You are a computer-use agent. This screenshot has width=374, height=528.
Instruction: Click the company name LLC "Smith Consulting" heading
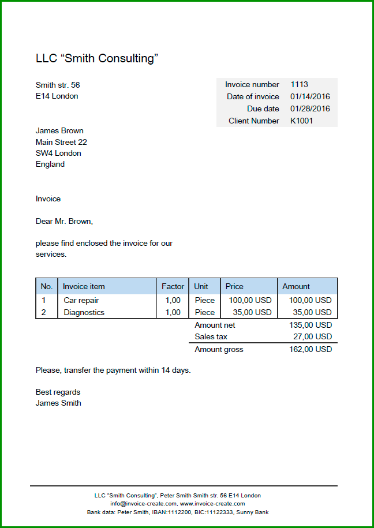click(97, 58)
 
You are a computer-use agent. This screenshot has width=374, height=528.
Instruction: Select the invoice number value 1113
click(299, 85)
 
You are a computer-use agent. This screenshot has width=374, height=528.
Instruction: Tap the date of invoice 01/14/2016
click(310, 97)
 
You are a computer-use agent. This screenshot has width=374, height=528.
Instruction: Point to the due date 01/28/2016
click(310, 108)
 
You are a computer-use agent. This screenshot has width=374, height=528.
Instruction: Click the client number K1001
click(301, 121)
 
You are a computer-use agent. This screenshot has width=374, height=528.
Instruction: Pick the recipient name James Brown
click(59, 130)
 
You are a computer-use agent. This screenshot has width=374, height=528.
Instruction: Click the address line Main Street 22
click(61, 142)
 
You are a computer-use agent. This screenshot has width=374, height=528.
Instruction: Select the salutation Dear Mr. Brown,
click(64, 221)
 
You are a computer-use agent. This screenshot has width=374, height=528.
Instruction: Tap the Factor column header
click(173, 286)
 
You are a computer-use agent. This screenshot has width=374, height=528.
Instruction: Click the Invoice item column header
click(84, 286)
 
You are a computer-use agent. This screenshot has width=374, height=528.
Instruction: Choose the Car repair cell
click(81, 300)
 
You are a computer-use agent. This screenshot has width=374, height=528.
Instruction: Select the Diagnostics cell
click(84, 312)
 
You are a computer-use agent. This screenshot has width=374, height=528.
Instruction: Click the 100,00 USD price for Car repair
click(250, 300)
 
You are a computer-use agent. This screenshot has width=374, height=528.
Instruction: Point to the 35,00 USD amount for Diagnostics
click(313, 312)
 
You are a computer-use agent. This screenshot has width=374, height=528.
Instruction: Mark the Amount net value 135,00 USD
click(311, 325)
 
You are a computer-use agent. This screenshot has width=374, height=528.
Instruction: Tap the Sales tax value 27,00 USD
click(313, 336)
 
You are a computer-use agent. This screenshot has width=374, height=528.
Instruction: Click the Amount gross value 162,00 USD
click(311, 349)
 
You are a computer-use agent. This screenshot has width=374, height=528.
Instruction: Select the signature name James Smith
click(58, 403)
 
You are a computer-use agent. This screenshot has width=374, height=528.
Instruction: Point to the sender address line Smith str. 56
click(58, 85)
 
